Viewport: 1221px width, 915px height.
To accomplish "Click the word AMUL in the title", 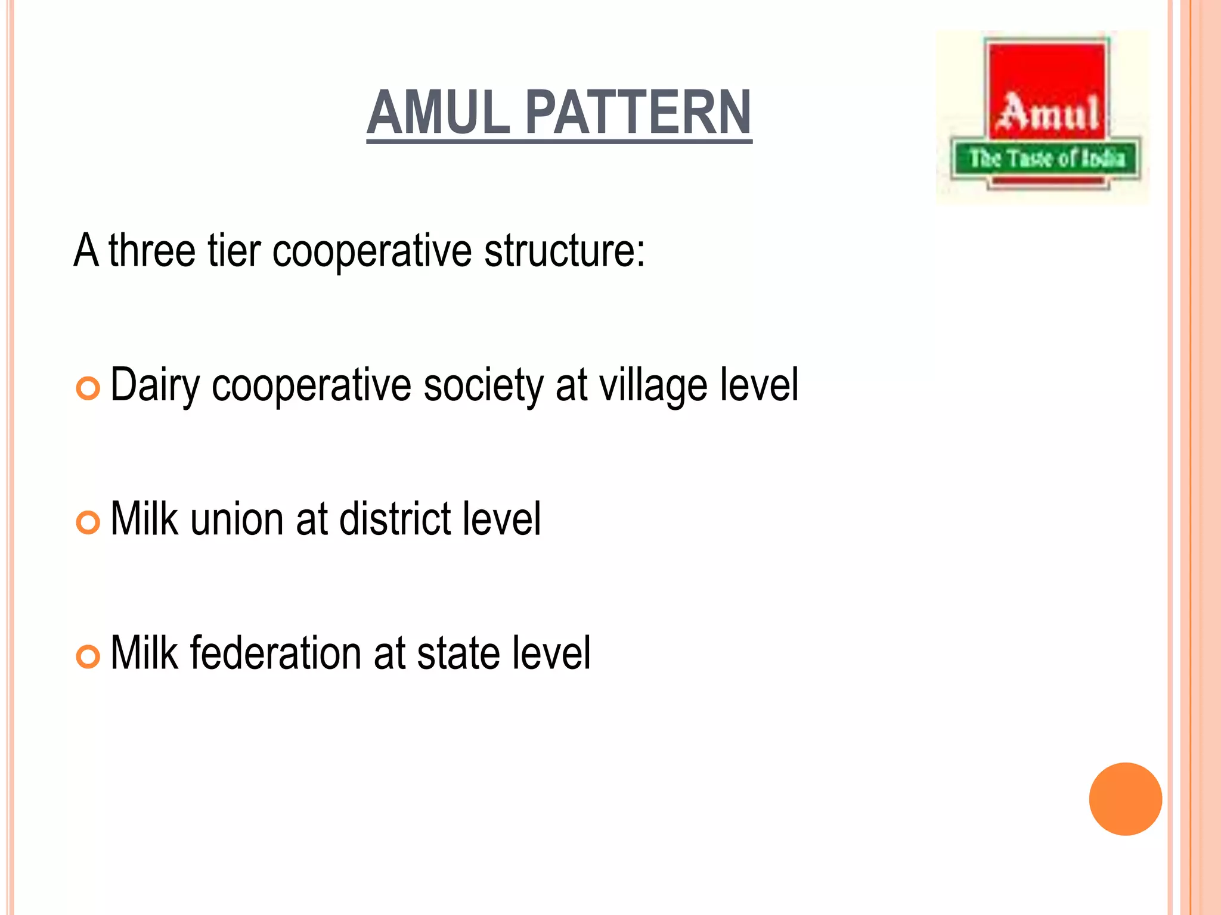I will (439, 113).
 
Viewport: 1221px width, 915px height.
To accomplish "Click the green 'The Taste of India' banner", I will (1046, 158).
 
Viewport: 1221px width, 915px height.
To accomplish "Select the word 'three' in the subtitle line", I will (152, 250).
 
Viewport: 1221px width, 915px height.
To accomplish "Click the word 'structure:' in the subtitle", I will (564, 250).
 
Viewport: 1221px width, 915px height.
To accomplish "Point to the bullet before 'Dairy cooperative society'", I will (88, 389).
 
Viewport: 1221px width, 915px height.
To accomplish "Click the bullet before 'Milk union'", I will (88, 522).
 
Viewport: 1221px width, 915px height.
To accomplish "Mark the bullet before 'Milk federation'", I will (88, 656).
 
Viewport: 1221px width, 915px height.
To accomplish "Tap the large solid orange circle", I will (1125, 799).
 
